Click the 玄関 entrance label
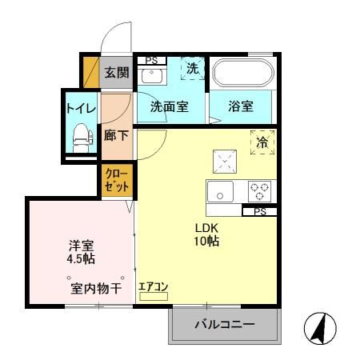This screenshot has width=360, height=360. (117, 74)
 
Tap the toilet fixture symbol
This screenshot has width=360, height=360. (81, 138)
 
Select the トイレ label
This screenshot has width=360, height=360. (81, 106)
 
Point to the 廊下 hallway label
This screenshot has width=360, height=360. (117, 135)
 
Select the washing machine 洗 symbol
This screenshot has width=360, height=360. (193, 70)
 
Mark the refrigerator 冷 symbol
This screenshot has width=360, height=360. (262, 141)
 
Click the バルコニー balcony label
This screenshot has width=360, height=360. (226, 326)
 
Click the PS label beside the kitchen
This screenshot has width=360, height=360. (260, 211)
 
